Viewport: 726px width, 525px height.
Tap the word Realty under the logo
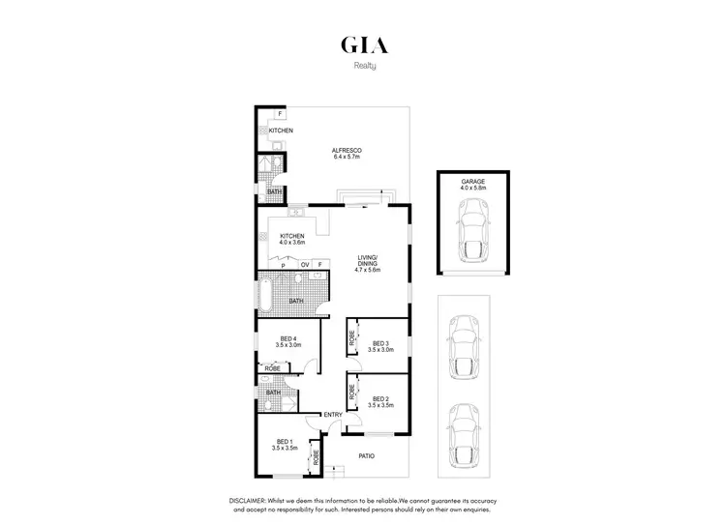(x=363, y=67)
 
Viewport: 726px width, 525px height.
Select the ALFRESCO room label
(x=346, y=150)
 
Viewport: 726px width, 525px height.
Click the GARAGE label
(x=472, y=182)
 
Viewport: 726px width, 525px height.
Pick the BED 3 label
(x=379, y=343)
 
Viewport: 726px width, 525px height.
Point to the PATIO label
(x=366, y=455)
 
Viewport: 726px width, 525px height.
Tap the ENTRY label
(x=332, y=416)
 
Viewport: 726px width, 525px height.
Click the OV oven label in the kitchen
(x=305, y=264)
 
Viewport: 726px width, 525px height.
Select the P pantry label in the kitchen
(x=283, y=264)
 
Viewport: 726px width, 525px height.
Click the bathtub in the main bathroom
(x=265, y=291)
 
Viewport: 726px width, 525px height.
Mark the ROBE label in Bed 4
(x=274, y=369)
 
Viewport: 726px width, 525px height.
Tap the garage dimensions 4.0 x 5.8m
(x=472, y=189)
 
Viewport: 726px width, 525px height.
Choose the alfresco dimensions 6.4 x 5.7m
(x=346, y=157)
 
